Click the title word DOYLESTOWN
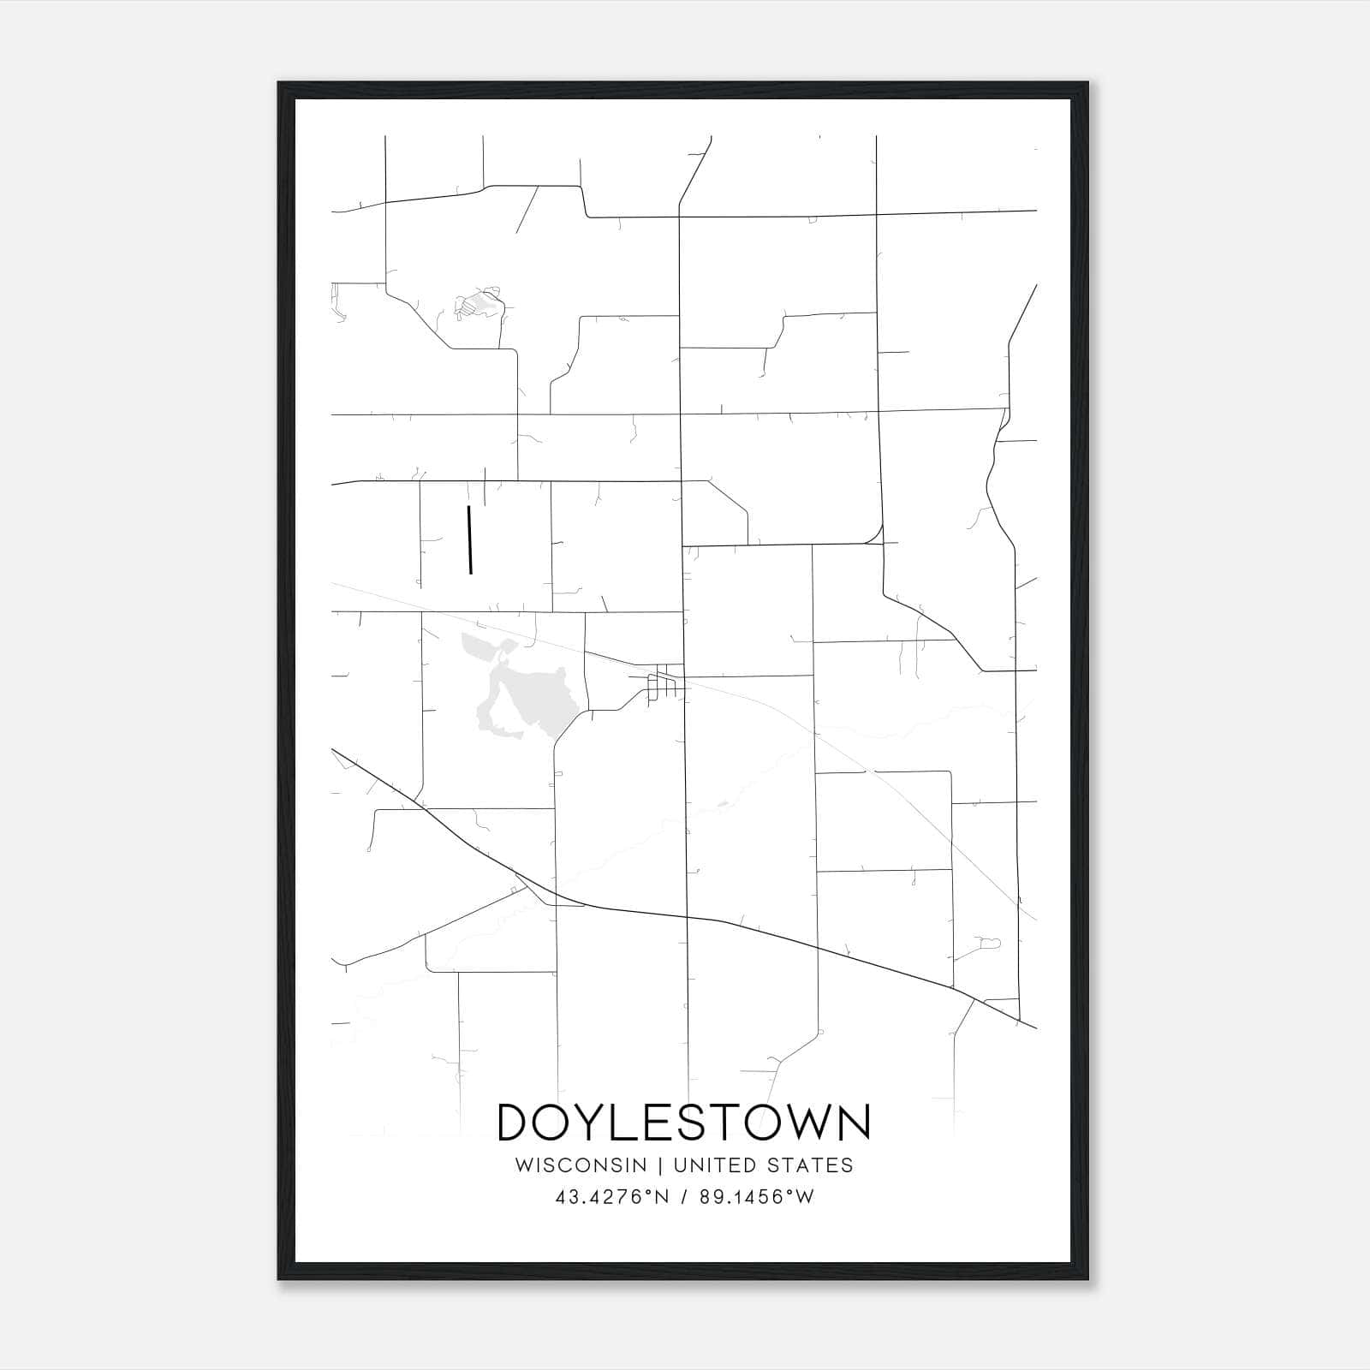click(x=683, y=1123)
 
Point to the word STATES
click(x=810, y=1165)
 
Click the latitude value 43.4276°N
click(x=611, y=1197)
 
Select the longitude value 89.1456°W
click(x=756, y=1197)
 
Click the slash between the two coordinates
click(x=683, y=1197)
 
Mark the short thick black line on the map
click(x=469, y=539)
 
